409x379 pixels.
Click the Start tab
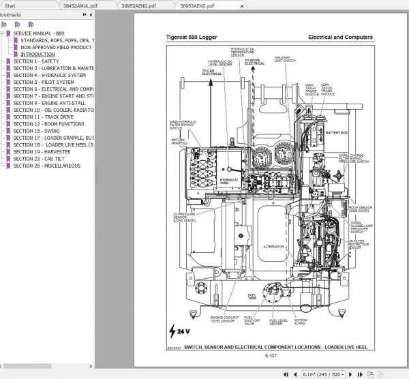[10, 5]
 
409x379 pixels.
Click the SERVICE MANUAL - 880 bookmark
[39, 33]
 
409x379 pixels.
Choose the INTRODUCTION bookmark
[38, 54]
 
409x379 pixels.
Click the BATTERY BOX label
[336, 133]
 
